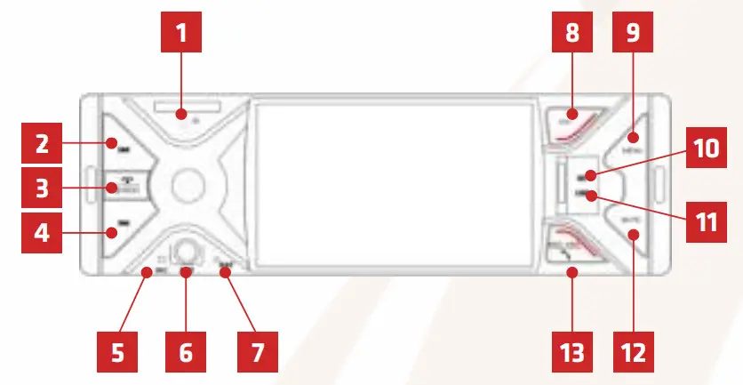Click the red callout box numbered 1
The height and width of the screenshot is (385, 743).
click(181, 36)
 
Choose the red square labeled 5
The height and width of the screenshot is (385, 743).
click(117, 351)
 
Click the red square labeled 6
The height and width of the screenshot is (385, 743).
click(186, 351)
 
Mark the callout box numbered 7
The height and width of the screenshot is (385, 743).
click(255, 351)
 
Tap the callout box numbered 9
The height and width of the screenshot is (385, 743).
click(632, 36)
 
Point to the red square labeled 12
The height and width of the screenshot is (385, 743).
click(632, 351)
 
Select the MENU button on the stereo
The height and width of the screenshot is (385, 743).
click(633, 140)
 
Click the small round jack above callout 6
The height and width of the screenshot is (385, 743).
click(186, 252)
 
